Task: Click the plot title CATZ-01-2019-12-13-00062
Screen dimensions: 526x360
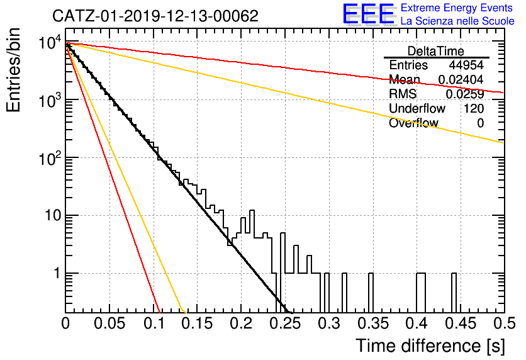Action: pyautogui.click(x=155, y=16)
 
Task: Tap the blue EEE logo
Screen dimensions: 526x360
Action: pyautogui.click(x=368, y=14)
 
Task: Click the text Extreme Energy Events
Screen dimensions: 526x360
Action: pyautogui.click(x=457, y=8)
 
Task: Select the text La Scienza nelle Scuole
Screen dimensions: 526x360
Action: pyautogui.click(x=457, y=21)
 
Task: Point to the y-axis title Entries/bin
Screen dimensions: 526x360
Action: pyautogui.click(x=13, y=70)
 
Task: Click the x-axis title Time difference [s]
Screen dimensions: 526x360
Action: pyautogui.click(x=430, y=346)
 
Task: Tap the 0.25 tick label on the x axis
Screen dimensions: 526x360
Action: pyautogui.click(x=286, y=323)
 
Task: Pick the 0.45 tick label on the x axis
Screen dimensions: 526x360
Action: pyautogui.click(x=461, y=323)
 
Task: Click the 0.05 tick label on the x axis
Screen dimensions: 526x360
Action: pyautogui.click(x=109, y=323)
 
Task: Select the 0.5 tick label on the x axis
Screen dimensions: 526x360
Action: pyautogui.click(x=504, y=323)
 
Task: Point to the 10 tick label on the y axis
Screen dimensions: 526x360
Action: pyautogui.click(x=53, y=215)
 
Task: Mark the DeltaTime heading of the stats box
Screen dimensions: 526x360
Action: pyautogui.click(x=436, y=51)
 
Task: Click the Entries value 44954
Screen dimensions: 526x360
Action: pyautogui.click(x=466, y=65)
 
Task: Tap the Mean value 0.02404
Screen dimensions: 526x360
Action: pyautogui.click(x=461, y=79)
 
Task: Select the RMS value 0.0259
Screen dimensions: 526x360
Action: pyautogui.click(x=464, y=94)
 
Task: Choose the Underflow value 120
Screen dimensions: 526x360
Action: pyautogui.click(x=474, y=108)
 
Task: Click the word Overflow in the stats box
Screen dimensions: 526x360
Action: pyautogui.click(x=413, y=123)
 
